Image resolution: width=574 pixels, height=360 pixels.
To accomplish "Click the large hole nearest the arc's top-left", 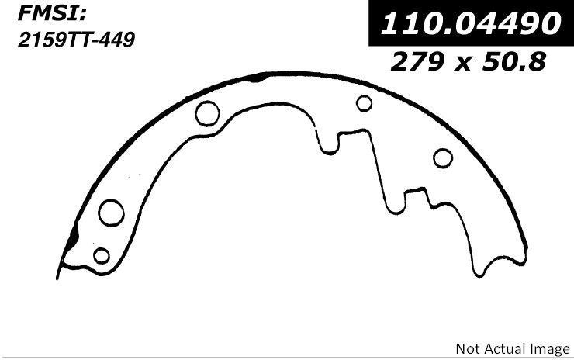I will pyautogui.click(x=208, y=113).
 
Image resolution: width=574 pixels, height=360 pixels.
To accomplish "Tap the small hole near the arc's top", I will pyautogui.click(x=365, y=102).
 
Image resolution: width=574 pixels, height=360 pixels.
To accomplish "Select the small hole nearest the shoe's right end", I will pyautogui.click(x=443, y=158).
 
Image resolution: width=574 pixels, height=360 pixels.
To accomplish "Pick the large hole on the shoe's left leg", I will pyautogui.click(x=112, y=212).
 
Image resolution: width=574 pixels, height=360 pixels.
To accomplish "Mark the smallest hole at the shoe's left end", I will pyautogui.click(x=101, y=254).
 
